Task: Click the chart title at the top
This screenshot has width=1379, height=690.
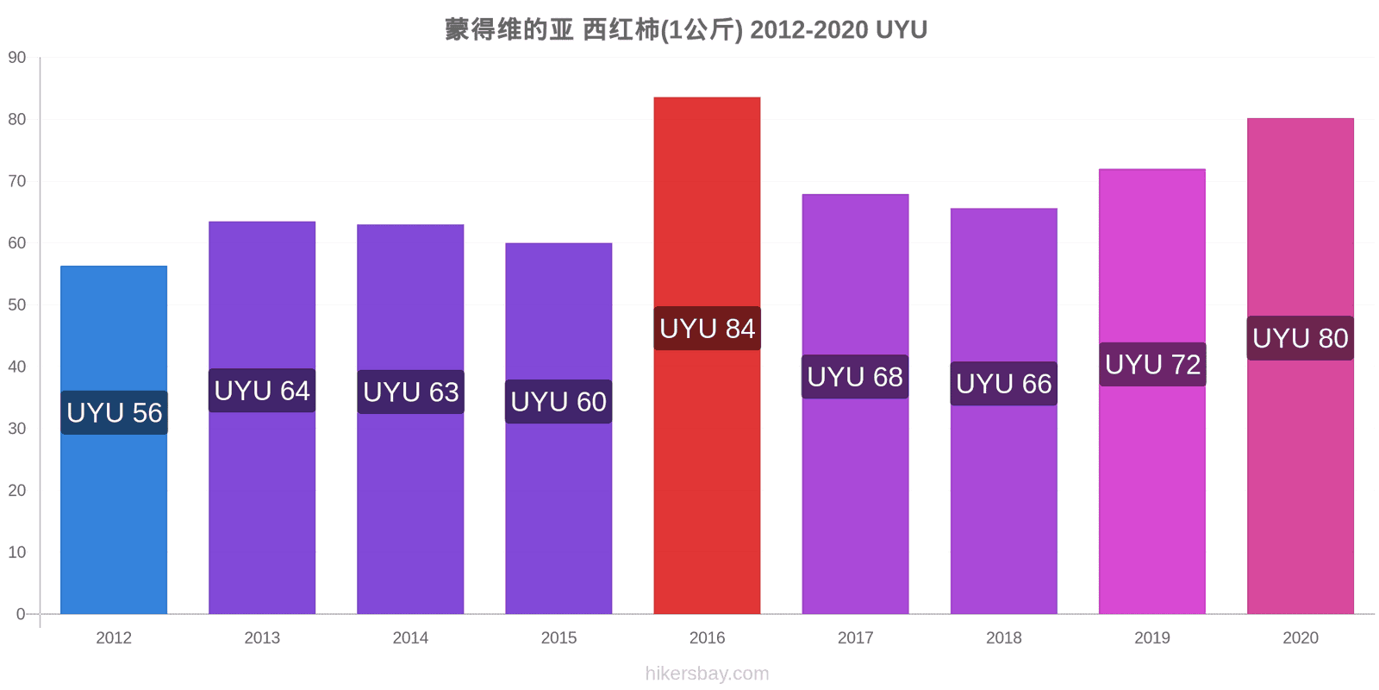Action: click(686, 29)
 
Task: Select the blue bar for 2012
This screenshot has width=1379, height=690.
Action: click(114, 440)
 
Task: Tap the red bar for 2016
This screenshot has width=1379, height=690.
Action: click(707, 355)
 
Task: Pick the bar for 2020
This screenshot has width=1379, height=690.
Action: click(1301, 366)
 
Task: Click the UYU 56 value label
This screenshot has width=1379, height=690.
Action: click(114, 413)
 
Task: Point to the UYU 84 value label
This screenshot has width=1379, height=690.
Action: click(707, 329)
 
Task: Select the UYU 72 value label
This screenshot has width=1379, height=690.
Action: click(1152, 365)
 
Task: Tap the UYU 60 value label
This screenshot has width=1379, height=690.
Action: click(558, 402)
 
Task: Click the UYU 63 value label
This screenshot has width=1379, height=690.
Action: click(410, 392)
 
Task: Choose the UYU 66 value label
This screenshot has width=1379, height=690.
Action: click(1003, 384)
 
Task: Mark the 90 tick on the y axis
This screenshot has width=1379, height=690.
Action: click(17, 57)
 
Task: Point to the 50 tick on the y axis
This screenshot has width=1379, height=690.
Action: click(17, 305)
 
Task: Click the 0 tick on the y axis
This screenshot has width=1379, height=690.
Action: click(21, 613)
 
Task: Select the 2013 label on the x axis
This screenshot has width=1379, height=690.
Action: click(262, 637)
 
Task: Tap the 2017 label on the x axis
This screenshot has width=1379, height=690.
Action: click(855, 637)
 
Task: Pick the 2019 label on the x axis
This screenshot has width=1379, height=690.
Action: click(1151, 637)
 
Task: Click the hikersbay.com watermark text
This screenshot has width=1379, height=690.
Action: click(707, 674)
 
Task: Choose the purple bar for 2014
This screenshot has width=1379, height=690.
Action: click(410, 419)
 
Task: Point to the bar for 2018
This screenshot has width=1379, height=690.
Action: click(1003, 411)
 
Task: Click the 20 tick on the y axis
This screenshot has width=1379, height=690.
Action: click(17, 491)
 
